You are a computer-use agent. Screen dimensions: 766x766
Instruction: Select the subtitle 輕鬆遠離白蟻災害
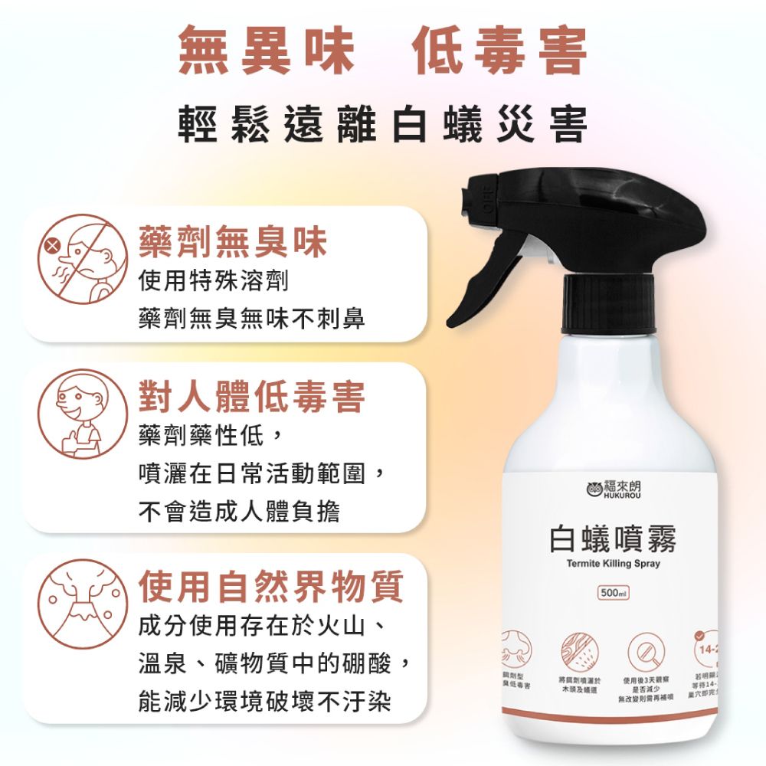tap(382, 125)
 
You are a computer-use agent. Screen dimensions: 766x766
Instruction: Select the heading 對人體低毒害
tap(251, 397)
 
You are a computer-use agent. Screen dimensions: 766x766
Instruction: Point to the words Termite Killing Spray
tap(613, 564)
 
